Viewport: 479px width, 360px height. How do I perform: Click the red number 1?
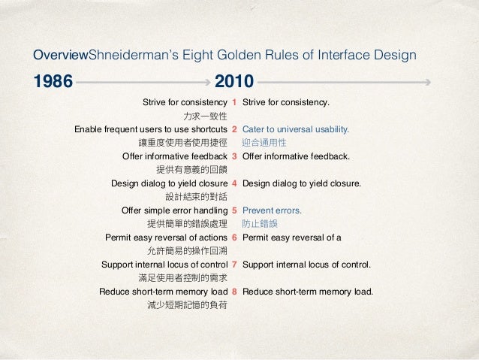[x=235, y=101]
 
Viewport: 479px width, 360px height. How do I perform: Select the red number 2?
[x=235, y=129]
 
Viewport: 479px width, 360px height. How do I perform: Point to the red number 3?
[x=235, y=156]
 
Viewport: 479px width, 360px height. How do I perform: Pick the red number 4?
[x=235, y=183]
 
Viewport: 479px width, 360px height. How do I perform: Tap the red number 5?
[x=235, y=210]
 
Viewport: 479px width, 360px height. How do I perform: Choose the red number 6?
[x=235, y=237]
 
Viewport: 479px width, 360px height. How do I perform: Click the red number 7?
[x=235, y=265]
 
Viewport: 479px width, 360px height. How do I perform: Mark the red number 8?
[x=235, y=292]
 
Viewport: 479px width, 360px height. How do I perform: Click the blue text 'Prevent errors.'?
[x=272, y=210]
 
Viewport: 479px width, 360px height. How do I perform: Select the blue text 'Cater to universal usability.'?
[x=297, y=129]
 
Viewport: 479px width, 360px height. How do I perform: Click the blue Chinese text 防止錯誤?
[x=259, y=223]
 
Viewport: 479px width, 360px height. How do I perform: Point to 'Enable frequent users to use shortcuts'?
[x=151, y=129]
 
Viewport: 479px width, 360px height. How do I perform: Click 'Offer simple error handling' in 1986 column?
[x=174, y=210]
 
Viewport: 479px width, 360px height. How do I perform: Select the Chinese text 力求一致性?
[x=205, y=116]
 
